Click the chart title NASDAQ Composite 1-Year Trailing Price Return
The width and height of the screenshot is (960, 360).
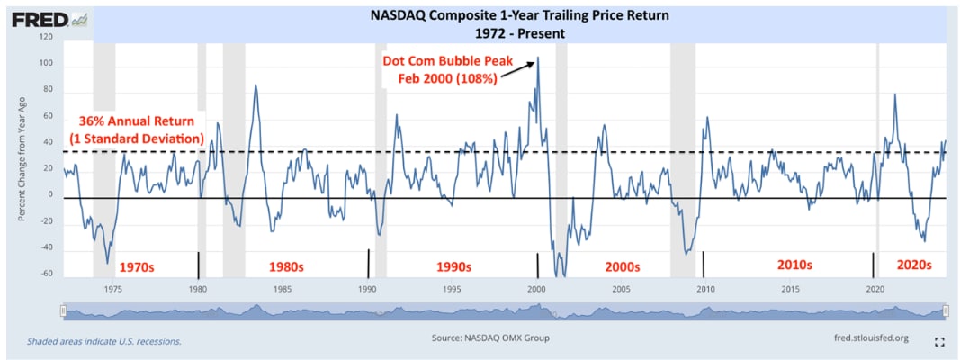[520, 15]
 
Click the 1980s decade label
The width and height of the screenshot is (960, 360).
[287, 266]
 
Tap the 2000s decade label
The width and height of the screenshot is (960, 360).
[621, 266]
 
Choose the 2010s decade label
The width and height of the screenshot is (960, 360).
[794, 265]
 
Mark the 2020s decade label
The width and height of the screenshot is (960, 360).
[913, 265]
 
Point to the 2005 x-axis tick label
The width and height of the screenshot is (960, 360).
[621, 289]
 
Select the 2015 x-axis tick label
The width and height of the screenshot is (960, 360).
[790, 289]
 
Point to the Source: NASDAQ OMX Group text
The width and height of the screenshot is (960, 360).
[490, 338]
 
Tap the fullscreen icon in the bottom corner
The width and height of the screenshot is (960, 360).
[939, 342]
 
